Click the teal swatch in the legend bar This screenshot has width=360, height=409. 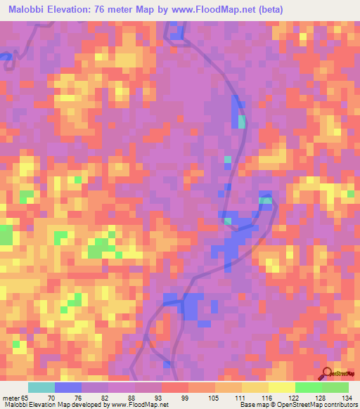pyautogui.click(x=41, y=387)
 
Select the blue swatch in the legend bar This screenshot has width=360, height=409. pyautogui.click(x=68, y=387)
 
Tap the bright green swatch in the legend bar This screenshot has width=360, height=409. pyautogui.click(x=309, y=387)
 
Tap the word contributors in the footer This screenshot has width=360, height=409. pyautogui.click(x=338, y=404)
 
